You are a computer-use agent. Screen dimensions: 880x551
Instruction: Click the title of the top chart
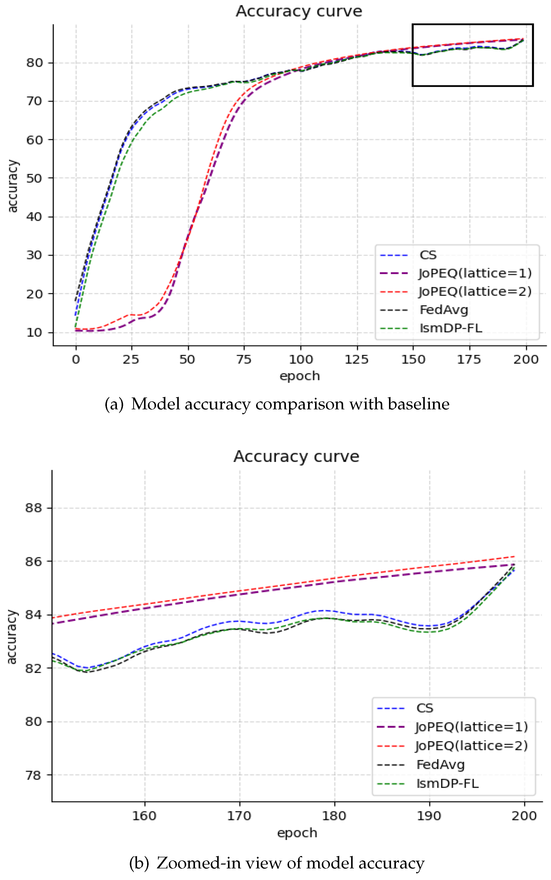click(x=299, y=11)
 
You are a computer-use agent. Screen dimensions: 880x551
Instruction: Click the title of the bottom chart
click(x=296, y=456)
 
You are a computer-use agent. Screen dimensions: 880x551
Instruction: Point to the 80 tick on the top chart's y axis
click(x=34, y=63)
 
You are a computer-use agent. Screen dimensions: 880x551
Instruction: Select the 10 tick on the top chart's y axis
click(x=34, y=332)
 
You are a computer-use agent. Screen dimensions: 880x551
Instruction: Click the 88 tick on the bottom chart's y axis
click(x=33, y=508)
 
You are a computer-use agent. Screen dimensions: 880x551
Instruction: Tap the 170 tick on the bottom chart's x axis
click(x=239, y=816)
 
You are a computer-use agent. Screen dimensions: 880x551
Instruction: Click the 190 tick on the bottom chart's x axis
click(x=429, y=816)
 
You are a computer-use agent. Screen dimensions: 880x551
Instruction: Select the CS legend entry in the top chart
click(x=428, y=255)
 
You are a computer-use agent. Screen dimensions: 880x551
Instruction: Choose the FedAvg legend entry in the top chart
click(x=444, y=310)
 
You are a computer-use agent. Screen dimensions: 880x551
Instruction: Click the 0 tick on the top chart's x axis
click(x=76, y=360)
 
